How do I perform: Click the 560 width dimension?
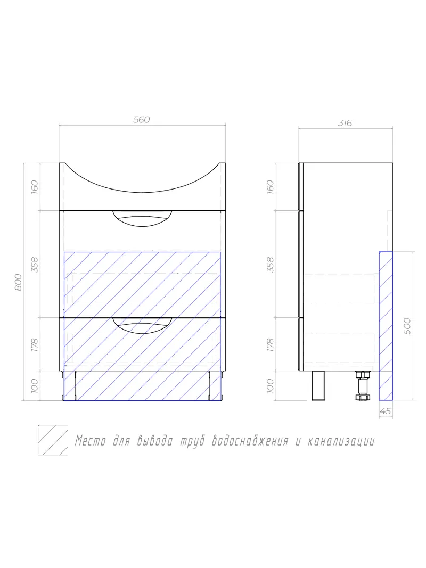[141, 120]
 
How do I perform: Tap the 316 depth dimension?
[345, 123]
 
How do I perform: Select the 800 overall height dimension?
[18, 282]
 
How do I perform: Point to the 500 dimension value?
[408, 325]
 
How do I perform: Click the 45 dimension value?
[386, 410]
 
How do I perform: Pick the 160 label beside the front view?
[35, 187]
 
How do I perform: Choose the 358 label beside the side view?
[270, 265]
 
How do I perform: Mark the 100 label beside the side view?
[270, 385]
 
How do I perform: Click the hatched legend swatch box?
[53, 440]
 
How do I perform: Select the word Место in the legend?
[90, 441]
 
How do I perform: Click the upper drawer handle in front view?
[142, 218]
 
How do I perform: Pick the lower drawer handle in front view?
[142, 324]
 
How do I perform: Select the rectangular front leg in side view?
[318, 385]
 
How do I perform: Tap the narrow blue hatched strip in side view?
[386, 325]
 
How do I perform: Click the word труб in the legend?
[194, 441]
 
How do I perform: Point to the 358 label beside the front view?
[35, 265]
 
